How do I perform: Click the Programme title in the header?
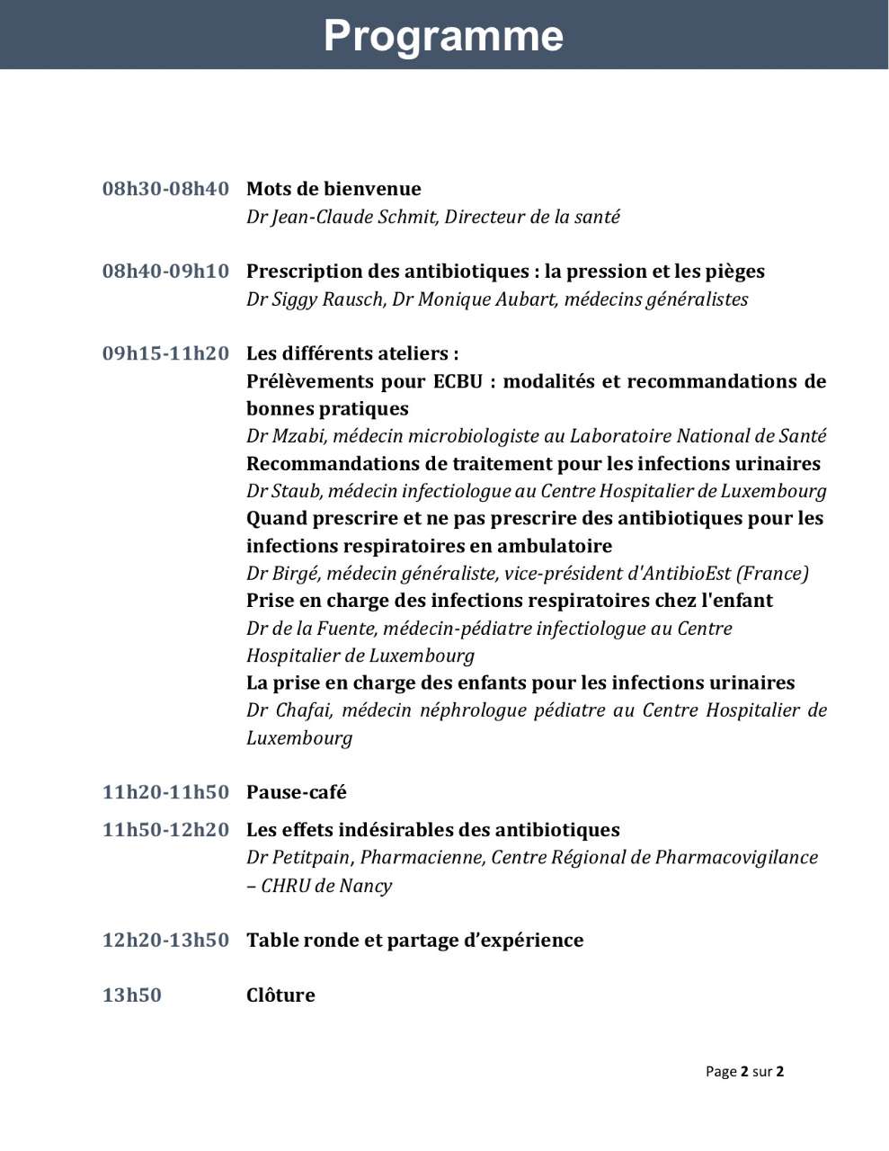pos(443,36)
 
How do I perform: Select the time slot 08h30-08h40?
pos(165,189)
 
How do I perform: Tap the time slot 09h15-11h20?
pos(165,353)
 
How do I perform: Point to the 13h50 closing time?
pos(132,995)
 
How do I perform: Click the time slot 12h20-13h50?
pos(165,941)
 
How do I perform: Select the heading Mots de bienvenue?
pos(333,189)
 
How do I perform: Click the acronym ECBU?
pos(458,381)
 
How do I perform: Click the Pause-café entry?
pos(296,792)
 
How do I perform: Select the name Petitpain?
pos(311,858)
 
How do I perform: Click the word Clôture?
pos(280,995)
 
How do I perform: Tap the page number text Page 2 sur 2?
pos(744,1071)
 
